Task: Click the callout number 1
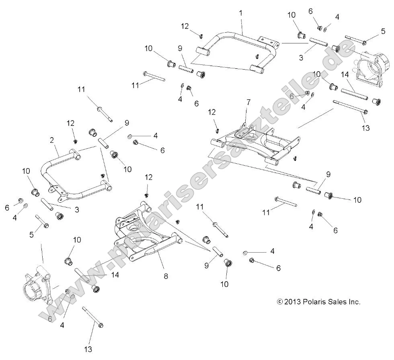pos(241,13)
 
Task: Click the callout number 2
pos(52,140)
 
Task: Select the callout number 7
pos(248,102)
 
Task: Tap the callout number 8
pos(166,276)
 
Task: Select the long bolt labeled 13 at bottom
pos(93,317)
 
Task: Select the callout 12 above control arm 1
pos(185,26)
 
